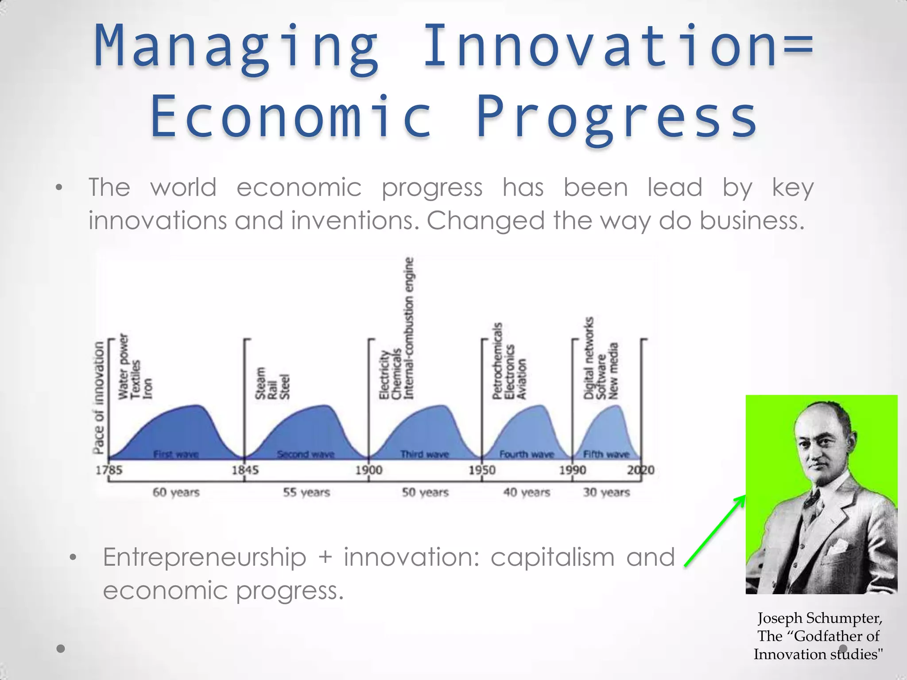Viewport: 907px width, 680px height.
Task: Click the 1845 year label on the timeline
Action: click(x=245, y=470)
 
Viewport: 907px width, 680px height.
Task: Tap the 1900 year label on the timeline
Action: click(x=369, y=470)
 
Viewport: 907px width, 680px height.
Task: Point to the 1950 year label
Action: click(x=482, y=470)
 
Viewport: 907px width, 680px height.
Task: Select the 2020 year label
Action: click(x=640, y=470)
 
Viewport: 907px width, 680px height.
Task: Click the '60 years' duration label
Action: click(x=176, y=492)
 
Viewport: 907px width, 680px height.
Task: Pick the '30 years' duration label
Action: click(x=606, y=492)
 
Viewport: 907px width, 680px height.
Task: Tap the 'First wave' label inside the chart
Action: click(x=176, y=454)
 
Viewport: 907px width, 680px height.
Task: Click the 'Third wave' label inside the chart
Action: click(x=424, y=454)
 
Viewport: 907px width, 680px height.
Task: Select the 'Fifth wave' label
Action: click(x=606, y=454)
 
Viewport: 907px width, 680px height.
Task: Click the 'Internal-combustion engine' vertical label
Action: click(x=409, y=328)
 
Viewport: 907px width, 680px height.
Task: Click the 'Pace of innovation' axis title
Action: click(x=99, y=397)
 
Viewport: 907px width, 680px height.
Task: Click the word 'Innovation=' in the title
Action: click(x=618, y=46)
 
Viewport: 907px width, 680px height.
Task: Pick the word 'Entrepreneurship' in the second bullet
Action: click(x=205, y=557)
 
